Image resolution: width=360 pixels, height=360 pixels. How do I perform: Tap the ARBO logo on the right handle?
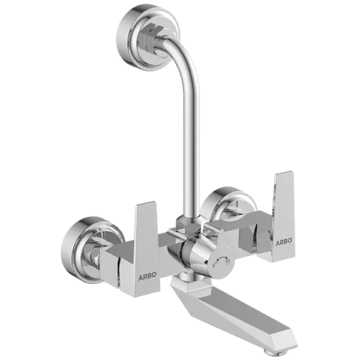pos(283,241)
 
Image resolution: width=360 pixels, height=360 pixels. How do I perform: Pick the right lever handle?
pos(283,213)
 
